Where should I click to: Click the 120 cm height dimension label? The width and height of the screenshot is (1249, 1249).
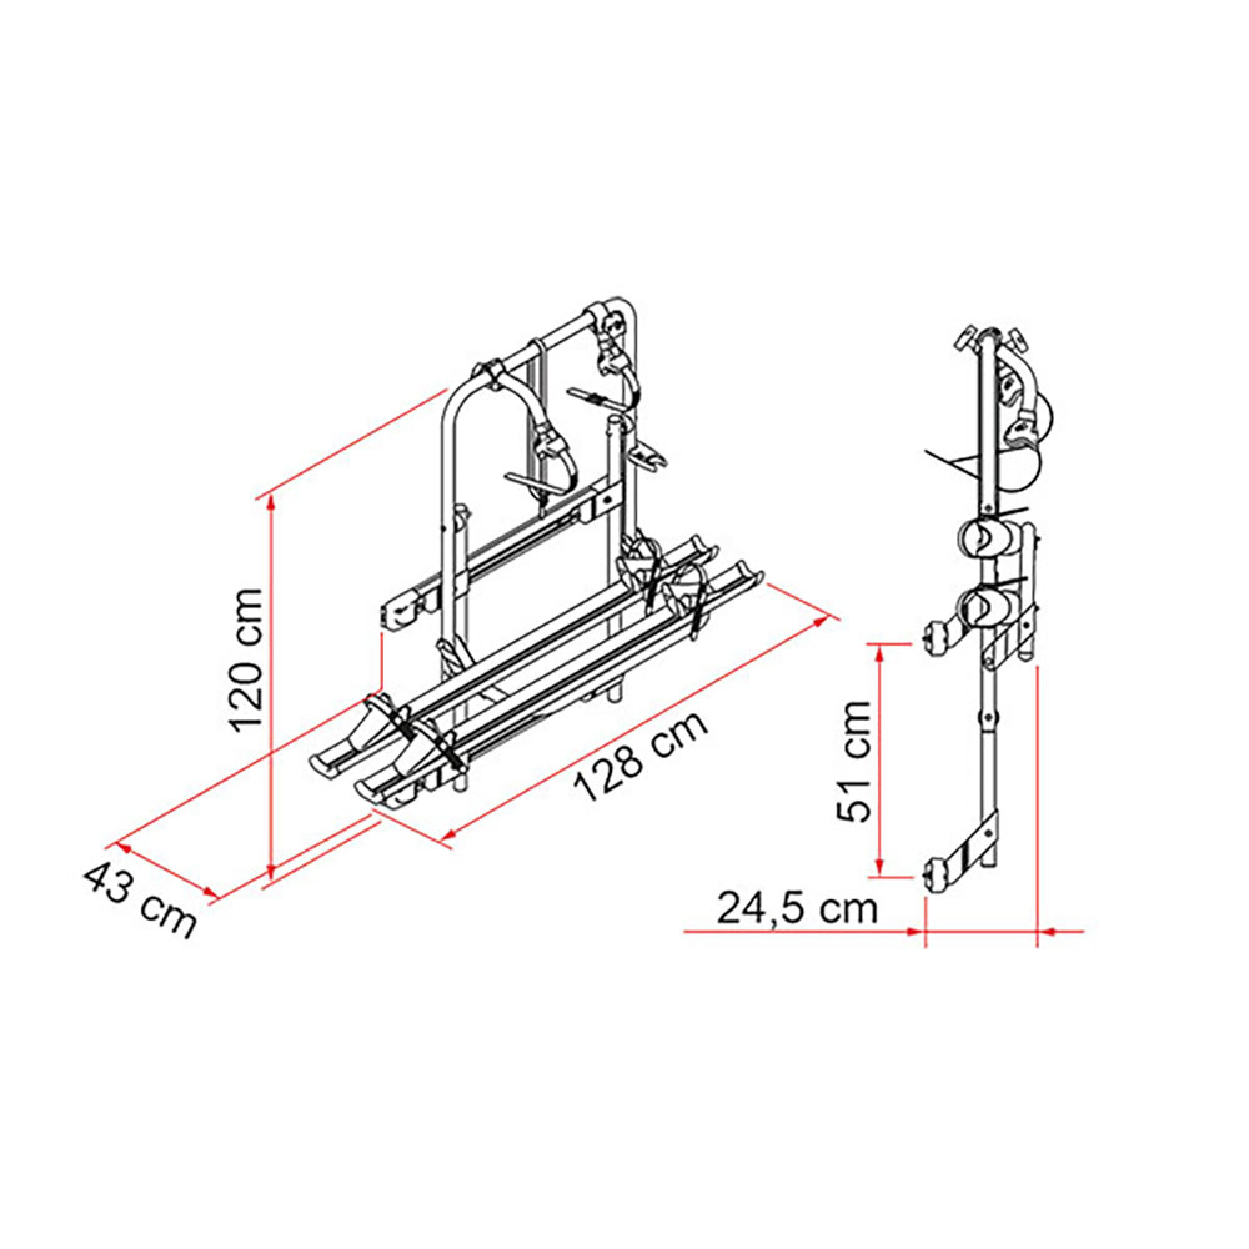[249, 660]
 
